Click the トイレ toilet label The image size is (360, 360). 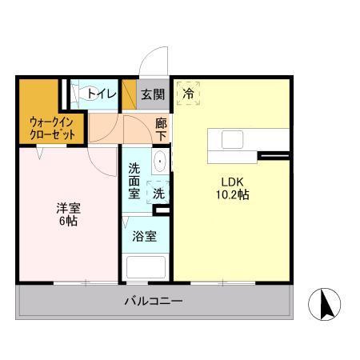point(102,94)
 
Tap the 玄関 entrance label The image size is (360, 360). point(153,94)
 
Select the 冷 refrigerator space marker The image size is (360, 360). point(189,94)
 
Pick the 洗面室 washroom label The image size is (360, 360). point(134,181)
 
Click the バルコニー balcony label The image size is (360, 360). point(153,302)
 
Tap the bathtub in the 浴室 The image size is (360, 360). point(145,266)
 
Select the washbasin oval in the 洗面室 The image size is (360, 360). point(159,162)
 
